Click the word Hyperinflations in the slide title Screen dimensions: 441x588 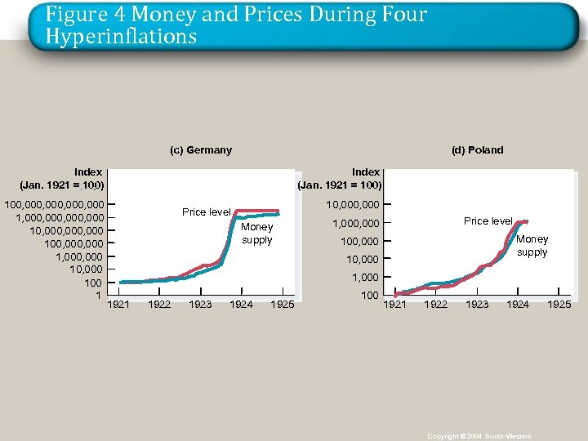[121, 37]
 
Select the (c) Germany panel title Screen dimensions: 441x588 [200, 149]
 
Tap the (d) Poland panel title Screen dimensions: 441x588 [477, 149]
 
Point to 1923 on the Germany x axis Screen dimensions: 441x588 [200, 305]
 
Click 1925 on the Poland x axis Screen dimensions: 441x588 [559, 305]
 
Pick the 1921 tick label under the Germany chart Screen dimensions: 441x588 [118, 305]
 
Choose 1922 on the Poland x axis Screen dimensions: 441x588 [436, 305]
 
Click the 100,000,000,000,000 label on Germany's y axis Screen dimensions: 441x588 [55, 203]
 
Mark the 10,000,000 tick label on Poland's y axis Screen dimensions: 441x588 [352, 203]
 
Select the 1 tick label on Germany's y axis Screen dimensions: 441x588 [99, 295]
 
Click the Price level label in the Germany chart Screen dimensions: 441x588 [206, 212]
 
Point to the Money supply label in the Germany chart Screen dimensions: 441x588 [257, 234]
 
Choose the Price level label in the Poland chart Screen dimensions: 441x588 [488, 221]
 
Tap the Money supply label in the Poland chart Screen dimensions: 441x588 [532, 246]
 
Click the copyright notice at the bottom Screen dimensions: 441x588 [479, 437]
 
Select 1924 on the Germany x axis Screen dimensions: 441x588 [241, 305]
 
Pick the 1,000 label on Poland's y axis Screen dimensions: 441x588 [365, 277]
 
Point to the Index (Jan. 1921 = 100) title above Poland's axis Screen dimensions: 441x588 [341, 178]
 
